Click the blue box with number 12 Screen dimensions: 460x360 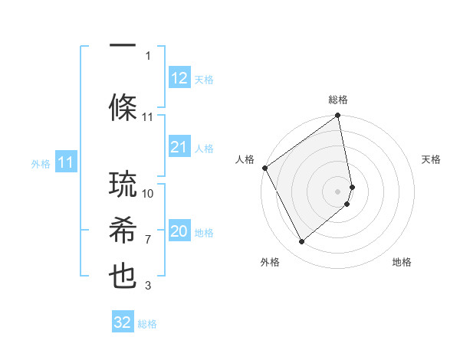(x=179, y=78)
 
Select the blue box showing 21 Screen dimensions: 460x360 (x=179, y=147)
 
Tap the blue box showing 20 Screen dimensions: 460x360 (x=179, y=231)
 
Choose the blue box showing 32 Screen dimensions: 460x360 (x=123, y=322)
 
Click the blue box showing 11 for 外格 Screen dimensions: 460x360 (x=66, y=162)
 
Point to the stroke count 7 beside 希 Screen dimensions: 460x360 (x=148, y=240)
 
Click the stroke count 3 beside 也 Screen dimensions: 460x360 (x=148, y=286)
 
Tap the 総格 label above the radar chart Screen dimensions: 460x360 (x=338, y=100)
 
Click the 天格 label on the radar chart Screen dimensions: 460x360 (x=431, y=159)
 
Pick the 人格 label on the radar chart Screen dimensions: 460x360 (x=245, y=159)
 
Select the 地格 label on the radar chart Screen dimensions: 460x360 (x=402, y=262)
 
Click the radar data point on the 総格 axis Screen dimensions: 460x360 (x=337, y=116)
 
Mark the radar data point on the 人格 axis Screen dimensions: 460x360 (x=264, y=168)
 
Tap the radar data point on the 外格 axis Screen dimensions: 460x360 (x=301, y=242)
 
